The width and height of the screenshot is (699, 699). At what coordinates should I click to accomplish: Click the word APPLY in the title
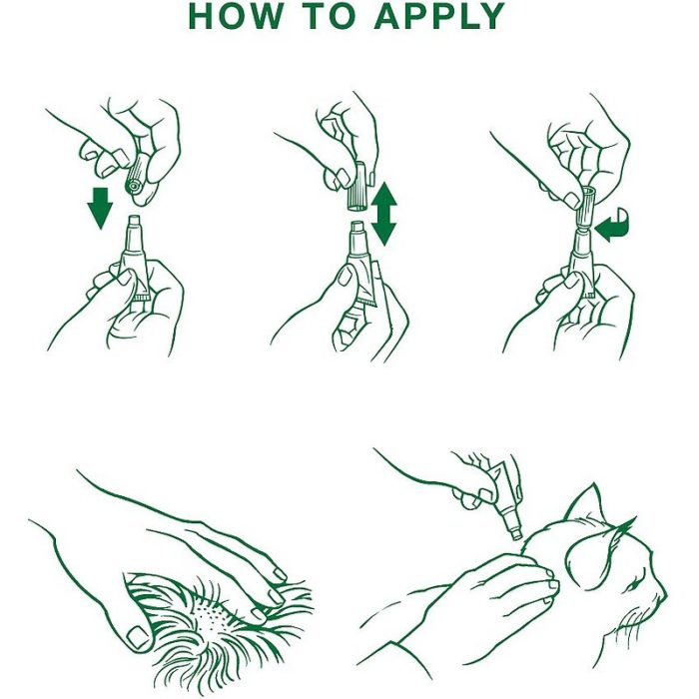(439, 16)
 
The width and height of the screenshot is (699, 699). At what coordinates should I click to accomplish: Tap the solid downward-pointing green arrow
(100, 208)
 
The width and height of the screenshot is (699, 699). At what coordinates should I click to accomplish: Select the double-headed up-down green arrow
(383, 214)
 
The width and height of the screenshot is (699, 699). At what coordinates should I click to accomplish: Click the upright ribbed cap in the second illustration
(357, 188)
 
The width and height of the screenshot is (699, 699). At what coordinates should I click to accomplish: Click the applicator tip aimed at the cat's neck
(516, 534)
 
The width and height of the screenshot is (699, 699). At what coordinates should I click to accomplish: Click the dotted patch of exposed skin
(213, 616)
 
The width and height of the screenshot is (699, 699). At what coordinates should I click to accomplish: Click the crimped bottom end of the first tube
(144, 297)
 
